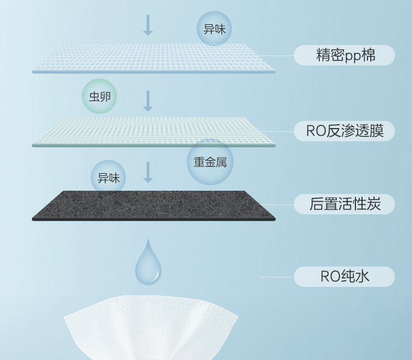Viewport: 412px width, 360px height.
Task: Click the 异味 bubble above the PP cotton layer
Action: click(x=214, y=29)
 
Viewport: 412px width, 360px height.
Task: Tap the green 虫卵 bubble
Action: click(x=99, y=97)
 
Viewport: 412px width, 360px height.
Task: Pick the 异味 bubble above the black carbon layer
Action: click(x=108, y=178)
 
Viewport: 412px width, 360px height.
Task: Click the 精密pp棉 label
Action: click(x=344, y=56)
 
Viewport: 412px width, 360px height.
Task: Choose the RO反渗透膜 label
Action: click(x=344, y=131)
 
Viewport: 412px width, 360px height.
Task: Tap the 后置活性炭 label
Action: click(x=344, y=204)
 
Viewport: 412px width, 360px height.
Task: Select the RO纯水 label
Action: click(x=344, y=276)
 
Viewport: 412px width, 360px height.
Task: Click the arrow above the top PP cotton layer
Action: click(x=148, y=25)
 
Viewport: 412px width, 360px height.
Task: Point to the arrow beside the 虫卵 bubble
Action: click(x=148, y=101)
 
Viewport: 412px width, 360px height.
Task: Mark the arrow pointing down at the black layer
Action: click(x=148, y=172)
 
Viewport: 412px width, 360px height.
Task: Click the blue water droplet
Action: click(x=148, y=262)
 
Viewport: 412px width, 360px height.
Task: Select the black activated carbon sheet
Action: click(x=154, y=205)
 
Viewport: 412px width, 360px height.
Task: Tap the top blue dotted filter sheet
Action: click(x=154, y=58)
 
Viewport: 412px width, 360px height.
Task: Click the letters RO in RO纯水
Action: click(x=330, y=276)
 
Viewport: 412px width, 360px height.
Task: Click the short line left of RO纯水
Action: click(x=277, y=277)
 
